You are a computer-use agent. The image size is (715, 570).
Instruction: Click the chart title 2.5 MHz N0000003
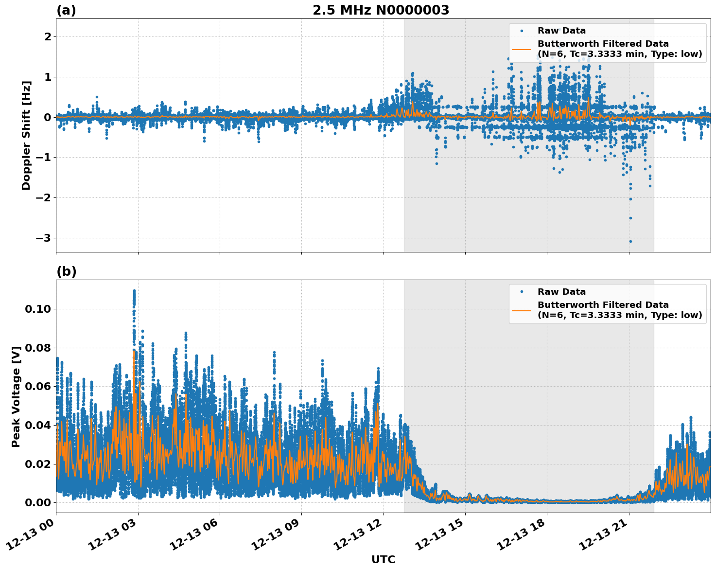click(x=381, y=10)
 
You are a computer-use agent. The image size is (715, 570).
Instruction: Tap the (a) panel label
click(x=66, y=10)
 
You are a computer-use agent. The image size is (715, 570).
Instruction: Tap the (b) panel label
click(x=66, y=271)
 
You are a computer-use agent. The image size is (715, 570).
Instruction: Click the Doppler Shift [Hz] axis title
click(x=26, y=135)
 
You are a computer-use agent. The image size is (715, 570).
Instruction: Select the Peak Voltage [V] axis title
click(x=16, y=396)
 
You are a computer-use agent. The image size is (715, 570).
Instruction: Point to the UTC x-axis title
click(x=383, y=559)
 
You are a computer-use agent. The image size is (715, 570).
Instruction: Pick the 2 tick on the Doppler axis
click(x=48, y=37)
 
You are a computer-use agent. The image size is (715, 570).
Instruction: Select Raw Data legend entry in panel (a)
click(x=561, y=31)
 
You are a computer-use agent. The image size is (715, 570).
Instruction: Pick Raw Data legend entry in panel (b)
click(x=561, y=292)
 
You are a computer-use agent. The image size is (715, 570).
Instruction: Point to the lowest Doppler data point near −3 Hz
click(x=630, y=241)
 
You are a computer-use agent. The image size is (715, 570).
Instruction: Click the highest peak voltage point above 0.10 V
click(x=134, y=291)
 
